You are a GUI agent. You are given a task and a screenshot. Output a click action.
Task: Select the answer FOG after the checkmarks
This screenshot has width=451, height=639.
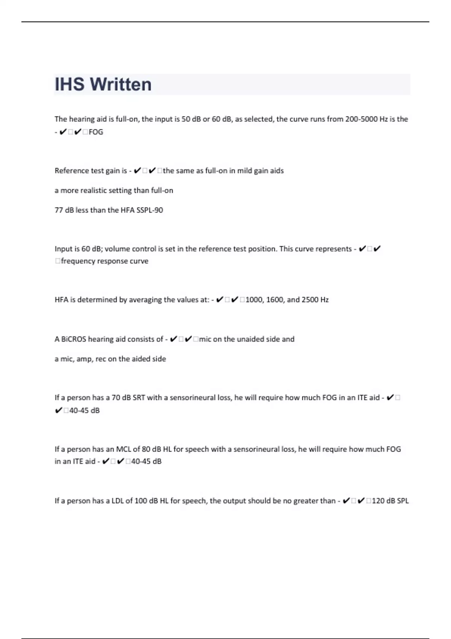96,132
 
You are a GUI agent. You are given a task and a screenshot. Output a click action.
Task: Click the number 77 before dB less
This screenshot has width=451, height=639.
59,210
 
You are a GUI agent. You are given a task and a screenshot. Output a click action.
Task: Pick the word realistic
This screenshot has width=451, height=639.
93,191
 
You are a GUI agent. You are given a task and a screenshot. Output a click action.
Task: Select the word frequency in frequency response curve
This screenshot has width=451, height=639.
77,261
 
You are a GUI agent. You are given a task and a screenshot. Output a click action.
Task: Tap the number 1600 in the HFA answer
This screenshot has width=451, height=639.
274,300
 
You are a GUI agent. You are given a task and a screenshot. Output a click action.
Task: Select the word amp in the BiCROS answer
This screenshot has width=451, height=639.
84,359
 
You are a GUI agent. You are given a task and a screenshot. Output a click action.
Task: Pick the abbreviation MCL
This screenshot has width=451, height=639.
123,449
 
